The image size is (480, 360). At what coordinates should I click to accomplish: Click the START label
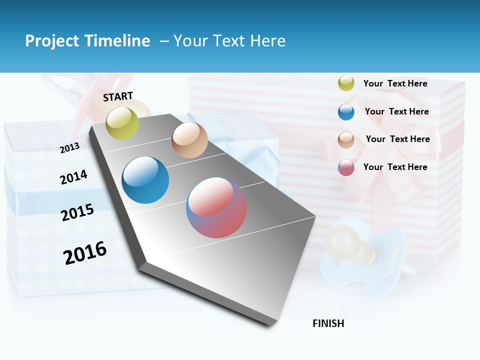click(x=118, y=96)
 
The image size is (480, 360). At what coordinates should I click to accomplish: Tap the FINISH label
click(x=328, y=323)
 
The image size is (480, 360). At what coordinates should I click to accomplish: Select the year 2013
click(x=69, y=148)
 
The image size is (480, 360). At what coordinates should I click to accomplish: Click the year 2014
click(x=73, y=177)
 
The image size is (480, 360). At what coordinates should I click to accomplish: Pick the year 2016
click(x=85, y=253)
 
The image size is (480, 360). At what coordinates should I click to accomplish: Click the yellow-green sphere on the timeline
click(x=122, y=123)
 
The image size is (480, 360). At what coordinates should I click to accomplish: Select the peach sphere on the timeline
click(x=189, y=140)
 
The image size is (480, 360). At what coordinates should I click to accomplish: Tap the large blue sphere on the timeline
click(x=145, y=180)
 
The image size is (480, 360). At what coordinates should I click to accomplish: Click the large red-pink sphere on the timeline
click(x=216, y=207)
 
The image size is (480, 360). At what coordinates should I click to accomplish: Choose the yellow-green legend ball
click(x=346, y=83)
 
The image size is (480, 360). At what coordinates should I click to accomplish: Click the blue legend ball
click(x=346, y=112)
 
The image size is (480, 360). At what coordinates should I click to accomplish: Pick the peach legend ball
click(x=346, y=139)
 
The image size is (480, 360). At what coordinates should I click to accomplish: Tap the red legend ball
click(x=346, y=167)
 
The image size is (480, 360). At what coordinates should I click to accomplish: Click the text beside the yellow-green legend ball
click(x=395, y=83)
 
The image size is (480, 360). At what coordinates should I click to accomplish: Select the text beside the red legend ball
click(x=395, y=167)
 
